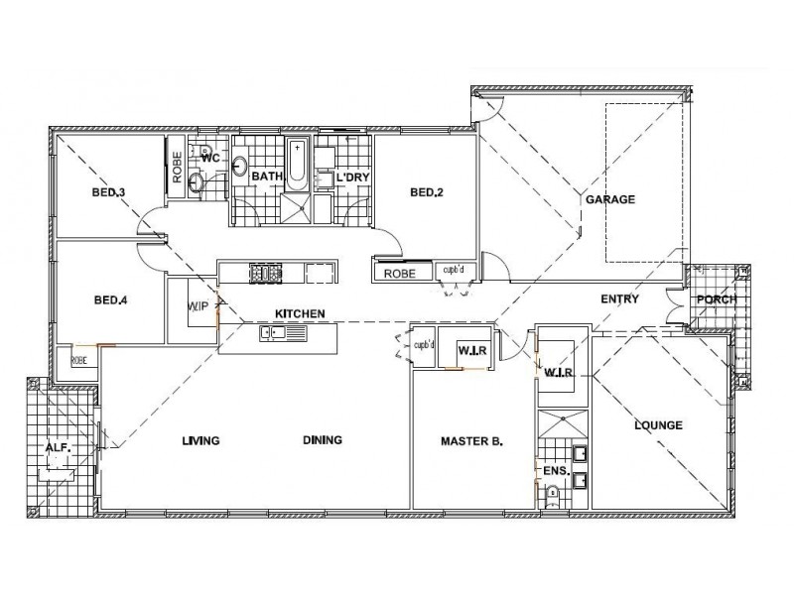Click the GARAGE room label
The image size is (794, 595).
pos(609,199)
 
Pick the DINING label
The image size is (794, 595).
pos(323,440)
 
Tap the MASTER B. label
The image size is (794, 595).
pos(470,440)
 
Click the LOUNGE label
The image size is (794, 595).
pos(659,425)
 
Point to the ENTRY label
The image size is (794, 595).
pos(619,299)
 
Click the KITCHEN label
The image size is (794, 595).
pos(300,313)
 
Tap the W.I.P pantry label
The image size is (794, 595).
pos(198,306)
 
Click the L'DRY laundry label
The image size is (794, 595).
pos(351,178)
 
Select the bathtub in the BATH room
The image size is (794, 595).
pos(298,165)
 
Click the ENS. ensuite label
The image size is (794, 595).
pos(553,470)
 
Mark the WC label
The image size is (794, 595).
pos(209,158)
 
